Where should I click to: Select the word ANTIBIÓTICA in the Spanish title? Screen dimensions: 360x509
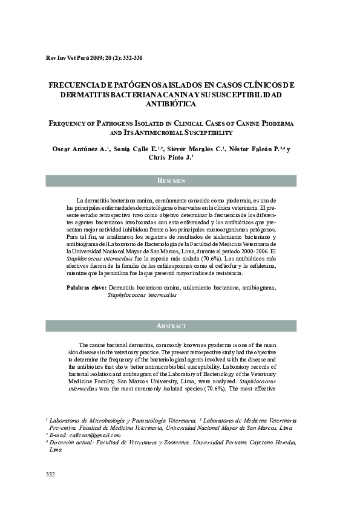tap(180, 104)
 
